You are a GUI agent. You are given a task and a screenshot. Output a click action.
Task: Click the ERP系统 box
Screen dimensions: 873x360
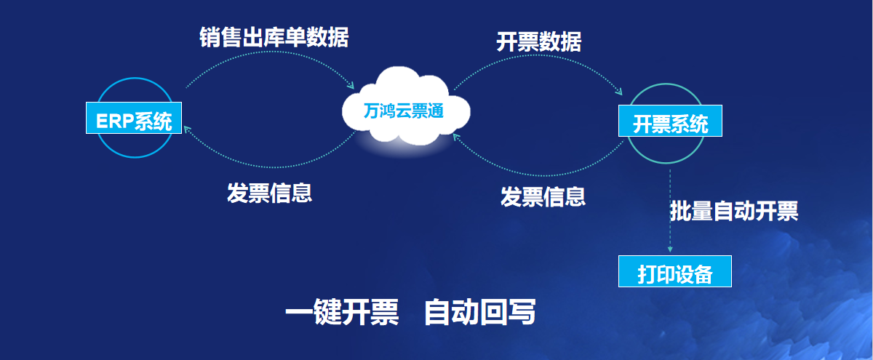(x=134, y=118)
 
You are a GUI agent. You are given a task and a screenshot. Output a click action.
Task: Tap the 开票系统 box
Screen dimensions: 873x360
(x=670, y=121)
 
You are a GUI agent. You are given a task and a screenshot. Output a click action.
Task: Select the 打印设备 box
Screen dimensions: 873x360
(x=674, y=271)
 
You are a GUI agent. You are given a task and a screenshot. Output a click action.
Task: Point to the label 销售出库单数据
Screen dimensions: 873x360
(x=274, y=37)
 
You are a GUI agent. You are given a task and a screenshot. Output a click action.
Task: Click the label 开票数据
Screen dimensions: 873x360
(x=538, y=41)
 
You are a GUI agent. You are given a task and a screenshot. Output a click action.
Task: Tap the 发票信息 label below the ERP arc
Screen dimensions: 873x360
(x=270, y=193)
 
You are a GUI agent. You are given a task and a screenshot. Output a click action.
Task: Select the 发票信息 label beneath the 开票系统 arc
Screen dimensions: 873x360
(x=543, y=196)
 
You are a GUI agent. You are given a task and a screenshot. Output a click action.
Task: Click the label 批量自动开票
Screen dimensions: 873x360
(x=734, y=211)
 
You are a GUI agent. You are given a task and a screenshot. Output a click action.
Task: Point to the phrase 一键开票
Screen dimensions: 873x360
(x=342, y=312)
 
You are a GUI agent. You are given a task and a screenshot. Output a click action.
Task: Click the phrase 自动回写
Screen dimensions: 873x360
(x=479, y=312)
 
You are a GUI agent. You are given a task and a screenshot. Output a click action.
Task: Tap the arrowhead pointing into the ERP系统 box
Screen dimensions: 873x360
(x=188, y=129)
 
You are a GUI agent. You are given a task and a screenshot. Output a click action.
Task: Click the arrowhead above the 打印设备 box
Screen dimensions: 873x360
(x=670, y=249)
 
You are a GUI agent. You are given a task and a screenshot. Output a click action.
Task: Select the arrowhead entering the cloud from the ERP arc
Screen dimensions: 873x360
(x=351, y=85)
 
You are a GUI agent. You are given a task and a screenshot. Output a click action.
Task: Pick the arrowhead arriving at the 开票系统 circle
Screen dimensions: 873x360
(x=618, y=92)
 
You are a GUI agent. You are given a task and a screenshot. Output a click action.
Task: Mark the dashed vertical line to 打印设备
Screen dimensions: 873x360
(x=670, y=210)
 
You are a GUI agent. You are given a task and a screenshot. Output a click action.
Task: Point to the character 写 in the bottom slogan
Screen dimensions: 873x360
(x=522, y=312)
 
